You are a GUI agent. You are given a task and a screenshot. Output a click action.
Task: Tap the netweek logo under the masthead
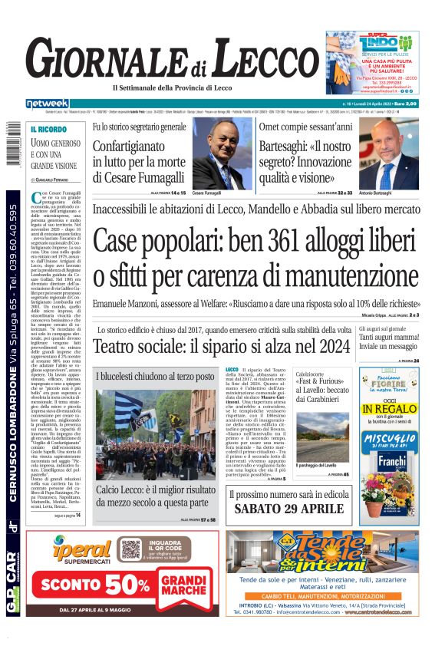point(48,104)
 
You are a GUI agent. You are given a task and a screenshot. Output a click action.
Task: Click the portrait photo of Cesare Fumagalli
point(211,153)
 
